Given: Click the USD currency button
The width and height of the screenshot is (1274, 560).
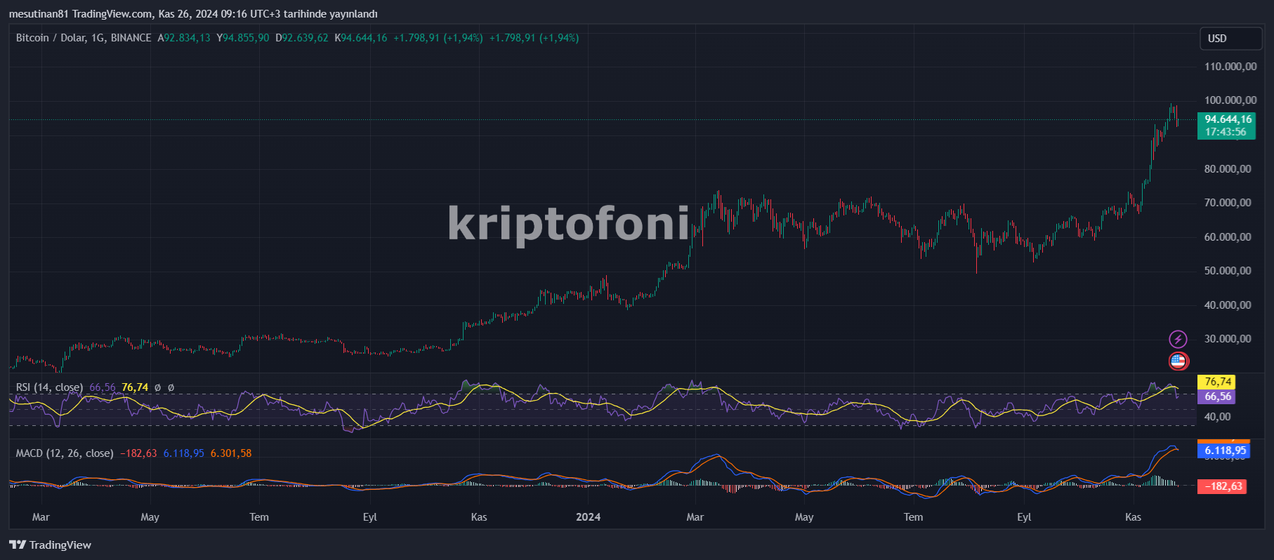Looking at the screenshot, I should pos(1230,39).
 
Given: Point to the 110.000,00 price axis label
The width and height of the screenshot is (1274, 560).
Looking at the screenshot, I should pos(1230,67).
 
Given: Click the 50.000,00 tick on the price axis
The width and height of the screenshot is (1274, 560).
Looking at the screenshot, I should pos(1227,271).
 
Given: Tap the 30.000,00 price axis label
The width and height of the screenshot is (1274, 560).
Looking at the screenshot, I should pos(1227,339).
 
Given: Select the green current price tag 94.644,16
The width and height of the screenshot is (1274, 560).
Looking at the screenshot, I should pos(1226,120).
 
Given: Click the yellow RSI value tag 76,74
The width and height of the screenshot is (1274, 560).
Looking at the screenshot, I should pos(1218,382).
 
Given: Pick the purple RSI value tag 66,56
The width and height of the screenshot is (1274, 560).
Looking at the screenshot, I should pos(1218,396).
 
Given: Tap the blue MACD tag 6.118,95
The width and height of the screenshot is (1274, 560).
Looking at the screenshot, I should pos(1225,451).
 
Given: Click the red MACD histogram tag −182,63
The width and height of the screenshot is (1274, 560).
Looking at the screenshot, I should pos(1222,486).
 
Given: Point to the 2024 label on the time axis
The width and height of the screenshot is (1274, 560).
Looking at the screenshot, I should pos(588,517).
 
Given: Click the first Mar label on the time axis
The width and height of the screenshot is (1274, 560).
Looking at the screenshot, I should pos(41,517).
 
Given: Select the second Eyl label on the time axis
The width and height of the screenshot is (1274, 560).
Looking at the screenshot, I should pos(1024,517).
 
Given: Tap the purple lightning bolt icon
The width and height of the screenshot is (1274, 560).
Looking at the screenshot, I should pos(1178,340).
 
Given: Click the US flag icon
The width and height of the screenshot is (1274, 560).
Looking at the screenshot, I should pos(1178,361).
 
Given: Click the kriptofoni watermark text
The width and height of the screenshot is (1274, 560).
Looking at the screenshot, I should pos(568,224).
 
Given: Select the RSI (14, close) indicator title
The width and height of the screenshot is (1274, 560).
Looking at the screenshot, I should pos(49,387).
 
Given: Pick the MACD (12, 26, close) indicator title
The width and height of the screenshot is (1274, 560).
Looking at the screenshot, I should pos(65,453).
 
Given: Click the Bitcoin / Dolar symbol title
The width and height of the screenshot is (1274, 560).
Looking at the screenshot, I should pos(83,38).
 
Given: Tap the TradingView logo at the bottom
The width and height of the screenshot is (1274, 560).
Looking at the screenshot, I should pos(51,545).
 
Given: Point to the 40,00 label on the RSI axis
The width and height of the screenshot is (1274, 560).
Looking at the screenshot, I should pos(1217,417).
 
